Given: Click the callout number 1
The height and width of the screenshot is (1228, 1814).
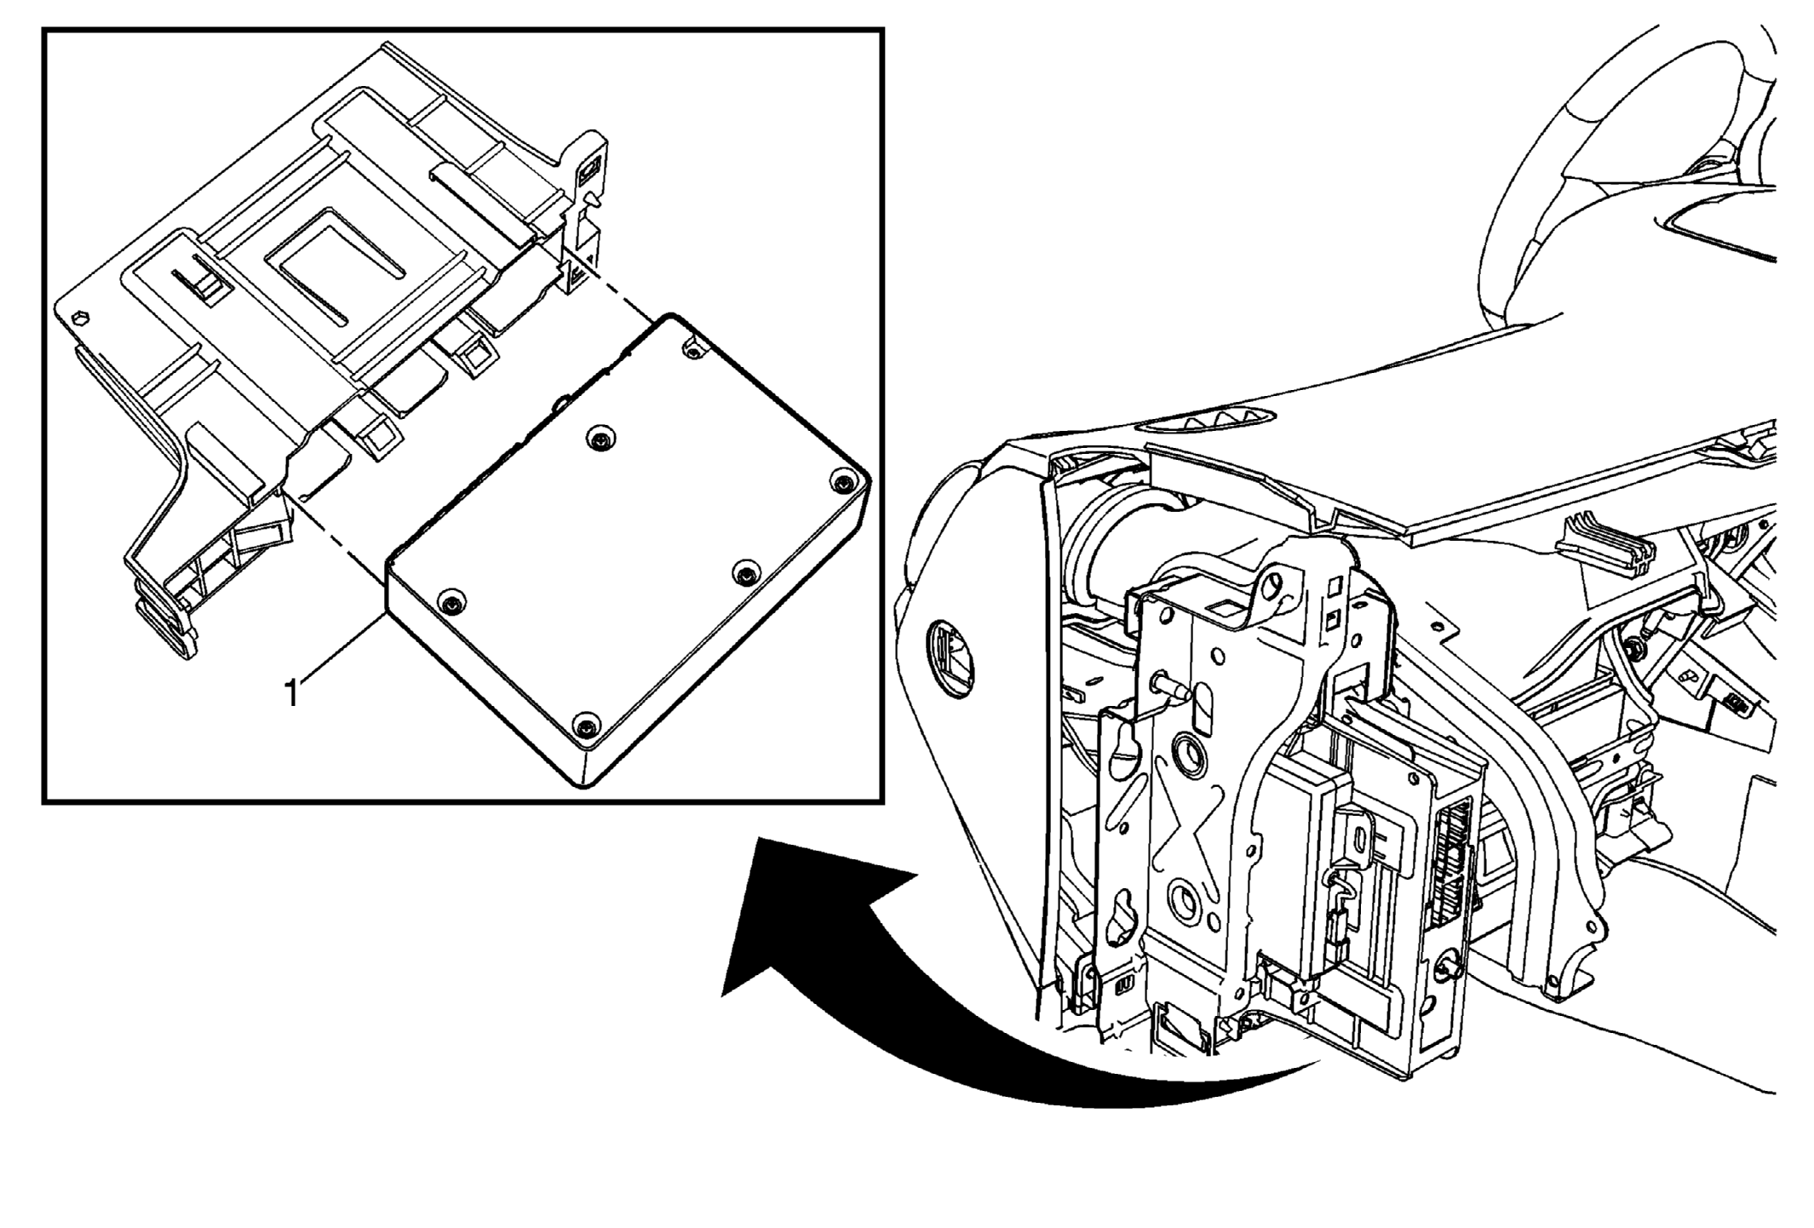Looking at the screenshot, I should click(x=292, y=692).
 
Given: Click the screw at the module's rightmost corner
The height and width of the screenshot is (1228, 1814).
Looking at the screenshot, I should click(x=842, y=483).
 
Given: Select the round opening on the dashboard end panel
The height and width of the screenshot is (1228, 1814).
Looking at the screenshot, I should click(x=951, y=657).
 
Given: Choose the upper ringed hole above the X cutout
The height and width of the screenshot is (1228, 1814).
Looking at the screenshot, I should click(x=1185, y=750).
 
